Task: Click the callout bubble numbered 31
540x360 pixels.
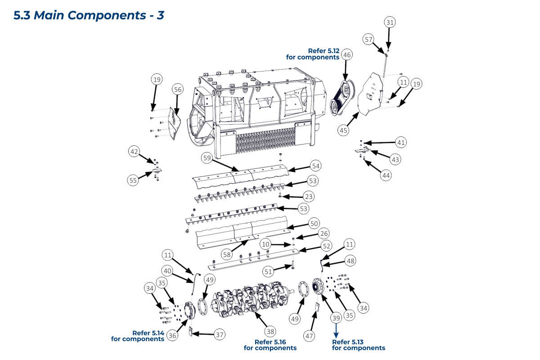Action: [x=390, y=22]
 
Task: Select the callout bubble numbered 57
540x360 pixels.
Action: [x=369, y=40]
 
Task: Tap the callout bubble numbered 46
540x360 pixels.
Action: [x=346, y=55]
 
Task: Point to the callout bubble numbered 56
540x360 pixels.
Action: [x=178, y=90]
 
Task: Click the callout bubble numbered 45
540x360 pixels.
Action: [x=344, y=130]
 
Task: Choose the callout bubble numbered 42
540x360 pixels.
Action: [x=134, y=152]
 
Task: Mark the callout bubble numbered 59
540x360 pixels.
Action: [x=207, y=158]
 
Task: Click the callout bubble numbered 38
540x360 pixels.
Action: [x=270, y=332]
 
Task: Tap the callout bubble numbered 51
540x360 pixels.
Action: [x=268, y=271]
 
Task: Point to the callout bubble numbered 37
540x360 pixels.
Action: [x=219, y=334]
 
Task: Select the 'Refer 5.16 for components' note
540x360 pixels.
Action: [x=270, y=345]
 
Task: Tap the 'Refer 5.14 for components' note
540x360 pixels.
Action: [x=138, y=336]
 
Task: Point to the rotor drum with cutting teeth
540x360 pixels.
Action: [x=252, y=297]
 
